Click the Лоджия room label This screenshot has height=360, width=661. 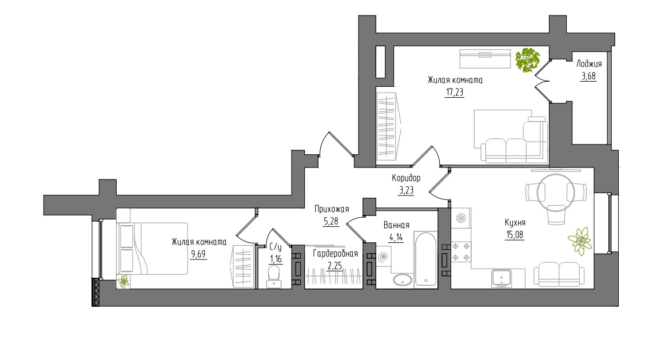[x=589, y=64]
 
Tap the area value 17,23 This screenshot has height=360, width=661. [x=455, y=92]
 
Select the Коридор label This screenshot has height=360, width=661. [x=406, y=178]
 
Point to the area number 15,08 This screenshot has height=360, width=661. [x=514, y=235]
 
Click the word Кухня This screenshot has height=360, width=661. [x=515, y=223]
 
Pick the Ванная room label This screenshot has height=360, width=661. [x=396, y=225]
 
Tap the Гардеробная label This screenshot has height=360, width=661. [x=335, y=254]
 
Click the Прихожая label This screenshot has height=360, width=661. [x=332, y=209]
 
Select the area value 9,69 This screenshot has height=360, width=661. [x=198, y=254]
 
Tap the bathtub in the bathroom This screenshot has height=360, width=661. [x=425, y=259]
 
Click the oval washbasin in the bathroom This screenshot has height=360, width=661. [x=403, y=279]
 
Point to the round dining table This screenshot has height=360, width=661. [x=556, y=193]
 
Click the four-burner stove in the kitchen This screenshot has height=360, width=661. [x=461, y=252]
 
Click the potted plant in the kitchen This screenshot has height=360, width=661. [x=580, y=241]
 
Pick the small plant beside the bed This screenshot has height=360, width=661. [x=123, y=282]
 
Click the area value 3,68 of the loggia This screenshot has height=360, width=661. [x=588, y=77]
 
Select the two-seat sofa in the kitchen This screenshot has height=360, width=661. [x=559, y=274]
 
